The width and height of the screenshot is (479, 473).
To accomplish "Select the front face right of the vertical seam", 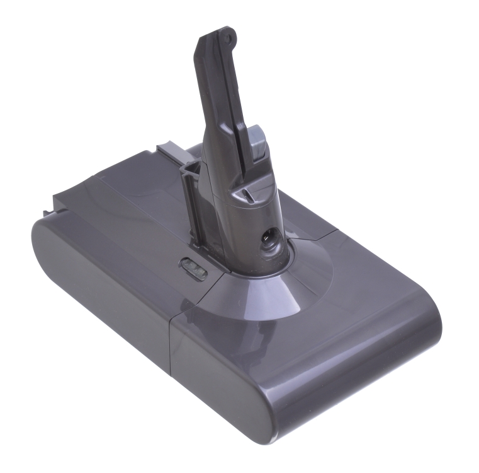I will [x=283, y=378].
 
